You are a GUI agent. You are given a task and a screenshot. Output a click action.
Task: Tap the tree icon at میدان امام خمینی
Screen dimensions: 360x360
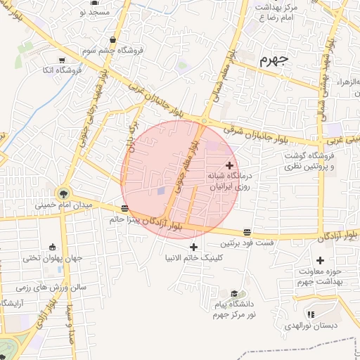coord(64,192)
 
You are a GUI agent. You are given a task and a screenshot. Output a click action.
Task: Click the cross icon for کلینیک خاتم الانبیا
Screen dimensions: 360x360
coord(194,247)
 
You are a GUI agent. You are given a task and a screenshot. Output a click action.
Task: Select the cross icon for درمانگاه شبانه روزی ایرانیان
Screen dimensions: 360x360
coord(229,165)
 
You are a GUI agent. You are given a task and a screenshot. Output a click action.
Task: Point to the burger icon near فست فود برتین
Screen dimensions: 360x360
coord(247,232)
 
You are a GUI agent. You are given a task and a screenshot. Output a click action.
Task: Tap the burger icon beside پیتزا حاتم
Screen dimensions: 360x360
coord(124,208)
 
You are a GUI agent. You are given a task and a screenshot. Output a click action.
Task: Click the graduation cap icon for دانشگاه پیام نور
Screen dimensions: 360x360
coord(233,293)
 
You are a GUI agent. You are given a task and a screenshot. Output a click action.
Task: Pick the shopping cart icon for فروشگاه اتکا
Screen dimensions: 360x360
coord(63,60)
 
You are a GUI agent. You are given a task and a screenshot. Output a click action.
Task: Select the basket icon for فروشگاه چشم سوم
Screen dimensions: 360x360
coord(114,40)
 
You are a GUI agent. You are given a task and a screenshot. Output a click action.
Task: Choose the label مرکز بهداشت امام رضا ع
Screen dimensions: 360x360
coord(278,12)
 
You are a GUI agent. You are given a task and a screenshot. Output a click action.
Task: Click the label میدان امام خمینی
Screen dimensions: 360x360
coord(64,206)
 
